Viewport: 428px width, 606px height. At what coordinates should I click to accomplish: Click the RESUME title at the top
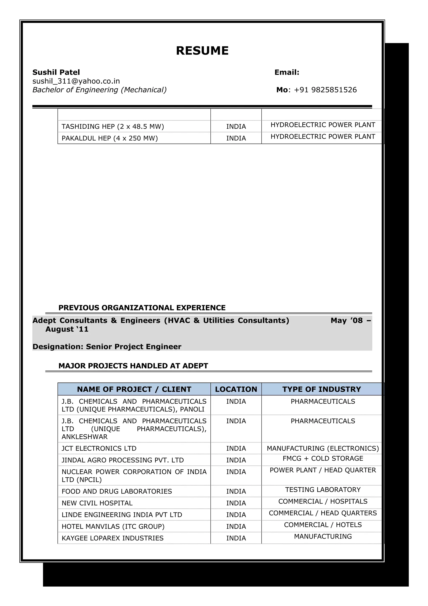tap(202, 51)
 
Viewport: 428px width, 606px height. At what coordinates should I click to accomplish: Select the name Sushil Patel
tap(56, 72)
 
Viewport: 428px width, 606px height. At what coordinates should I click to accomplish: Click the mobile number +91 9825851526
tap(325, 90)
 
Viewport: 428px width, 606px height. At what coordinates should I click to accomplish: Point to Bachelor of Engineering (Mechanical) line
tap(99, 90)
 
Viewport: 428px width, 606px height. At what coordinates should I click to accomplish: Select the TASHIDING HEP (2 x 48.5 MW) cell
tap(113, 127)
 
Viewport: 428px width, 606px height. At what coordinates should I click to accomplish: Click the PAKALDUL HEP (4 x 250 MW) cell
tap(110, 138)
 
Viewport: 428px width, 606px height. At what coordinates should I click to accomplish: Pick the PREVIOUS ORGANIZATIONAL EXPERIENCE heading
tap(142, 308)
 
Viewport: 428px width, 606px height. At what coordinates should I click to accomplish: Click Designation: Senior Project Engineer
tap(107, 346)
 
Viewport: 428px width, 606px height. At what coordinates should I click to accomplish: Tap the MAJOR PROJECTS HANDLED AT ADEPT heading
tap(133, 366)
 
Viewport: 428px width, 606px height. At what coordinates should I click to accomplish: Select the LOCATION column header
tap(236, 389)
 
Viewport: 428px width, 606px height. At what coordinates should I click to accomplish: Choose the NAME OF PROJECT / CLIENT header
tap(134, 389)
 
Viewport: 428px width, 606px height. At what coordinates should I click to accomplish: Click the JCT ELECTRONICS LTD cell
tap(99, 448)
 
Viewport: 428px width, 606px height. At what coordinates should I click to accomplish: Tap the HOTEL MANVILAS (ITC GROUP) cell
tap(113, 527)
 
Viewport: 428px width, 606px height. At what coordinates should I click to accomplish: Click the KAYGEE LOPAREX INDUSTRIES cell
tap(112, 538)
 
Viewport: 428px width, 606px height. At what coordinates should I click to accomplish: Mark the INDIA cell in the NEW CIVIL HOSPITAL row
tap(236, 503)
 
